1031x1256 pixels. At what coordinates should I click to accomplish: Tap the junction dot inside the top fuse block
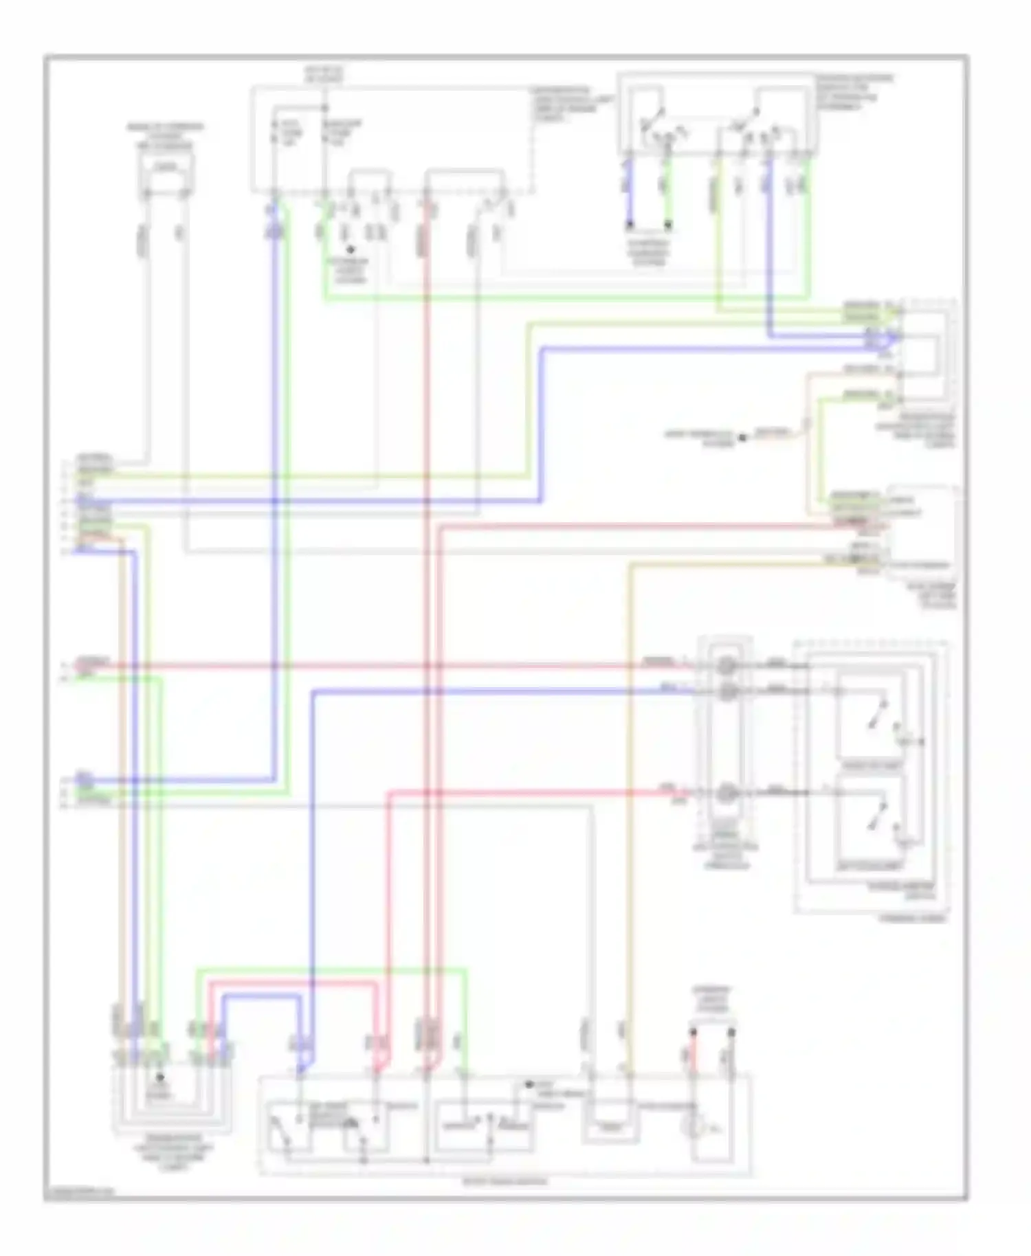[324, 108]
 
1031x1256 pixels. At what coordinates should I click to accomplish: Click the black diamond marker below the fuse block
[350, 250]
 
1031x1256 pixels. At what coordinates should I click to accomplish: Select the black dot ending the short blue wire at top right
[628, 224]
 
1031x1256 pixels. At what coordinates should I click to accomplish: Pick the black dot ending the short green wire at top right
[667, 224]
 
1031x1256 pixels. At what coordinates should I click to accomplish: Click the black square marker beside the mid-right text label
[742, 437]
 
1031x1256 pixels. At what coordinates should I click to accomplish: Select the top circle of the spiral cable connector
[726, 665]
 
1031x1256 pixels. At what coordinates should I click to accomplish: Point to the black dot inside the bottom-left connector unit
[160, 1079]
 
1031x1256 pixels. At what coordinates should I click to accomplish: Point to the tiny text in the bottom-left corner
[79, 1193]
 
